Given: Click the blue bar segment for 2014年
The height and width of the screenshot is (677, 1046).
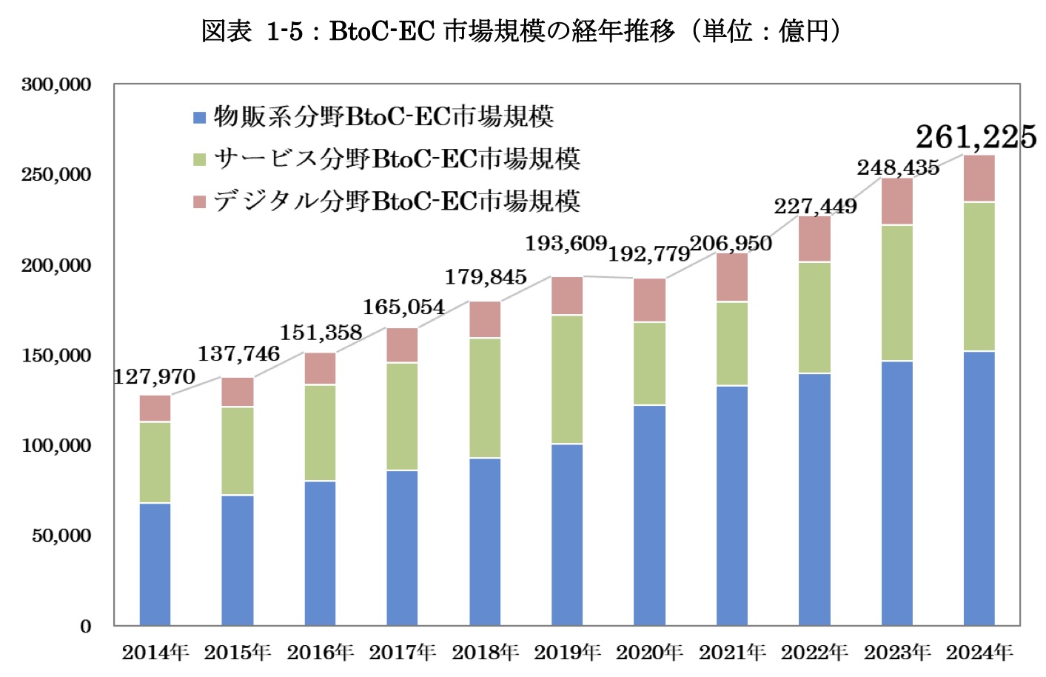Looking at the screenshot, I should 155,564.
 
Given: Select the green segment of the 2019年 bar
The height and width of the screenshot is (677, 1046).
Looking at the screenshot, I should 567,379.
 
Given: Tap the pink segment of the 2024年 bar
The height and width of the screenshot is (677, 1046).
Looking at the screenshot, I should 979,179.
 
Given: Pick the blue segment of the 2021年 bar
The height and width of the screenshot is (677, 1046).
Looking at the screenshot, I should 731,505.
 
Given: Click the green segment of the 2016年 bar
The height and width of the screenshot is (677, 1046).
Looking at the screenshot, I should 320,433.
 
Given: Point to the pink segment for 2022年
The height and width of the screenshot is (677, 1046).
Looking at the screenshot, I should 814,239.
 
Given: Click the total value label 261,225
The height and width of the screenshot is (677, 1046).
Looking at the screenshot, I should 976,137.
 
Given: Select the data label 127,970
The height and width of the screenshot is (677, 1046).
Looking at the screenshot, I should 154,377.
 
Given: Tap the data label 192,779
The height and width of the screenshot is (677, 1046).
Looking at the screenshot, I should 649,254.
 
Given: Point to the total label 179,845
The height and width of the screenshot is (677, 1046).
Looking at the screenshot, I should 486,277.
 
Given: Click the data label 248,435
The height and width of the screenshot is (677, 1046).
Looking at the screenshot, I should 898,167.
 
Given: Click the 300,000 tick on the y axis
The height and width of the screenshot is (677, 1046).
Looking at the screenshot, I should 56,84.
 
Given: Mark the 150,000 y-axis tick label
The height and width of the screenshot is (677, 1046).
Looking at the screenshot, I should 56,356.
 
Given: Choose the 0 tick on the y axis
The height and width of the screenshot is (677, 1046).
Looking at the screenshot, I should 86,627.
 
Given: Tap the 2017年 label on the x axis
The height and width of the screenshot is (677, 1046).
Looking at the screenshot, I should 403,653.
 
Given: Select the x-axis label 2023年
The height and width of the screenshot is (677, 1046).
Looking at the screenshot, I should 897,653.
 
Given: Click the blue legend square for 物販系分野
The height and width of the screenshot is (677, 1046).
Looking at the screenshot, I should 199,117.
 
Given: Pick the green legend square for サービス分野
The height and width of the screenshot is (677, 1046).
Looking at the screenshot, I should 199,159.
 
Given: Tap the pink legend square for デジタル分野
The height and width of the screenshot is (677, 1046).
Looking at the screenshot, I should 199,201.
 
